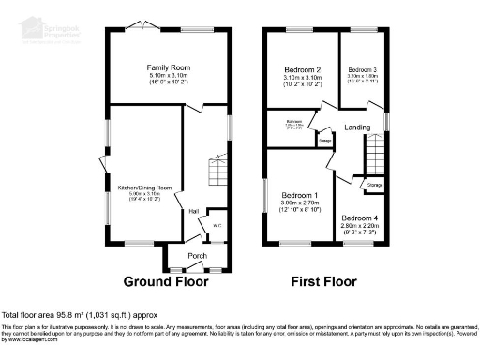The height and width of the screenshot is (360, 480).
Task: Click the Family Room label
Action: point(168,67)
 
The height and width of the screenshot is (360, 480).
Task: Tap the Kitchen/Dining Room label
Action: point(142,187)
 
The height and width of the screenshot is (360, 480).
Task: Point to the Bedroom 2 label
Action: point(303,70)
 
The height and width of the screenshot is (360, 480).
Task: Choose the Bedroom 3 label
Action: point(362,70)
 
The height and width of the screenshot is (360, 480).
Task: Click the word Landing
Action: point(357,127)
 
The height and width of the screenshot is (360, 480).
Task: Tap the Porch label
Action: point(197,256)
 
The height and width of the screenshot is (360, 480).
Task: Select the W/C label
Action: point(216,224)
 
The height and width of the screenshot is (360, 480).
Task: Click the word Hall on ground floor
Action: point(194,211)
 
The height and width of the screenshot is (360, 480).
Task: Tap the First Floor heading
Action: point(325,281)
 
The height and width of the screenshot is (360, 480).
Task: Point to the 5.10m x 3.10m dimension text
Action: point(168,76)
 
